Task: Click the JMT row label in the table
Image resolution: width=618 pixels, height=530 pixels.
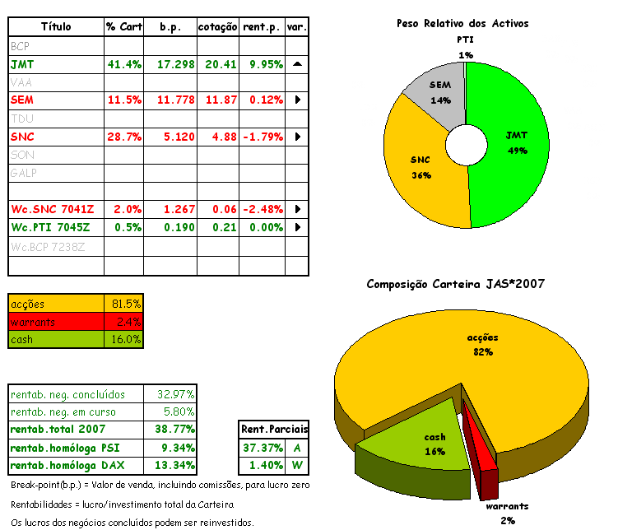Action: [22, 64]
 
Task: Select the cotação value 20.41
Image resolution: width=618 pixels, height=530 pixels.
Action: [218, 64]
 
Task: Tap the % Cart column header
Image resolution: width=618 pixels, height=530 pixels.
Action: [124, 27]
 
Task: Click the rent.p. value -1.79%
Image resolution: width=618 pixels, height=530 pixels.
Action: [263, 137]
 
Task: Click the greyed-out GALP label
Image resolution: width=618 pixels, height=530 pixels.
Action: [25, 173]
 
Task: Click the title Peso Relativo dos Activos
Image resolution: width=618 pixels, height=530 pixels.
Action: [462, 24]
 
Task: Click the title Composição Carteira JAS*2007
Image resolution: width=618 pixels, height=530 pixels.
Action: [454, 284]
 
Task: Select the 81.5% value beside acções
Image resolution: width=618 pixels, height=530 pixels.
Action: [126, 304]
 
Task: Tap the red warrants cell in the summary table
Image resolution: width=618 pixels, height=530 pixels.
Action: [56, 322]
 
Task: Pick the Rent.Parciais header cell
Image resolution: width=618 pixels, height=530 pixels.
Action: [274, 430]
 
